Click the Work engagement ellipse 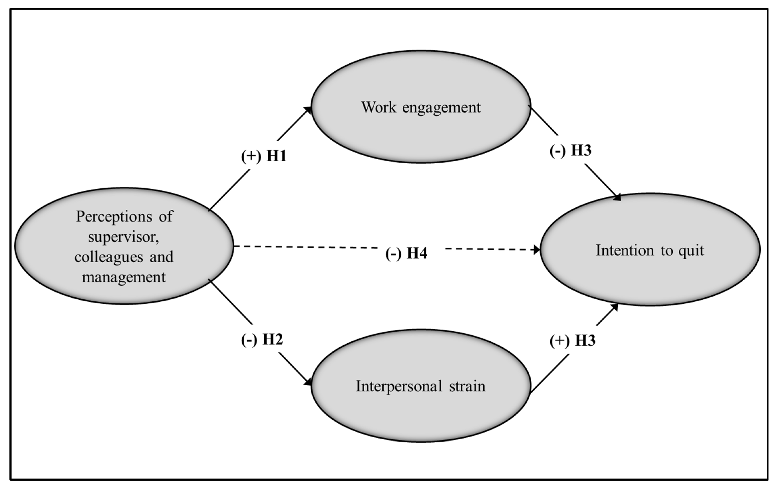(421, 135)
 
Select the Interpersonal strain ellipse (421, 414)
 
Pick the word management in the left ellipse (124, 277)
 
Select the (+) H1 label (264, 156)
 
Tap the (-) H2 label (262, 340)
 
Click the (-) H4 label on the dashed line (406, 253)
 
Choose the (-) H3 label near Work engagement (570, 150)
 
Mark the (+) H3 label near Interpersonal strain (572, 341)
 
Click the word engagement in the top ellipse (441, 108)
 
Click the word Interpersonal (399, 386)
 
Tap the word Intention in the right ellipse (624, 250)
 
